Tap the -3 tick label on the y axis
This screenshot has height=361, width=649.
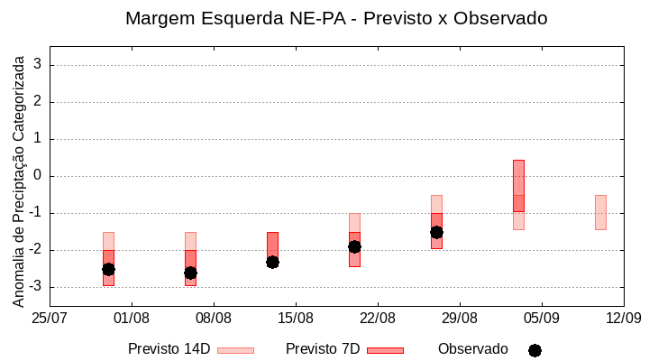coord(34,287)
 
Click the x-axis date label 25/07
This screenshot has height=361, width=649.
coord(50,318)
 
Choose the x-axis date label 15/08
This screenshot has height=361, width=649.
coord(296,318)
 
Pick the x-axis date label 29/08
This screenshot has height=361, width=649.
coord(460,318)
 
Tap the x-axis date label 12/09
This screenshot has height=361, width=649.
coord(623,318)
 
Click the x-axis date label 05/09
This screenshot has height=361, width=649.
coord(541,318)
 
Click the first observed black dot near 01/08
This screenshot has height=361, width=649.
coord(108,269)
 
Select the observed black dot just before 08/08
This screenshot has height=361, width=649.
coord(190,273)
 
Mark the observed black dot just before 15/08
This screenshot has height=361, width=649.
coord(272,262)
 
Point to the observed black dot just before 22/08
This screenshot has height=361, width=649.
coord(354,246)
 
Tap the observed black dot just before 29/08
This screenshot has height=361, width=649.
coord(436,232)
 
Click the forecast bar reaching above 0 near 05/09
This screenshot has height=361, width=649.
coord(518,185)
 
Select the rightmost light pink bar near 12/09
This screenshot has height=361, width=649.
coord(600,212)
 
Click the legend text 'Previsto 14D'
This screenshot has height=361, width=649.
coord(169,349)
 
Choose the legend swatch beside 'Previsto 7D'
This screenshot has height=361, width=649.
coord(385,350)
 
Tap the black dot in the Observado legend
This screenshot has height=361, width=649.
coord(535,350)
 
